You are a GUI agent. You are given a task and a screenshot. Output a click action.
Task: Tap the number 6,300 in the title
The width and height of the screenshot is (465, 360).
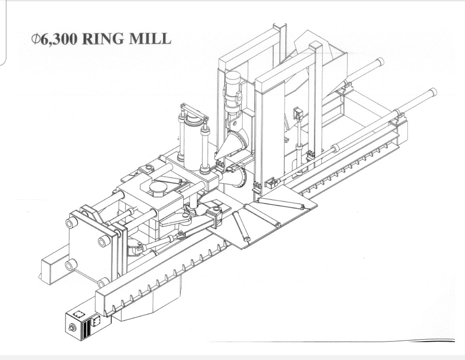click(x=58, y=39)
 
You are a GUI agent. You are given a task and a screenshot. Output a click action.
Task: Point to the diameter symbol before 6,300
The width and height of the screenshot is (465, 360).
click(x=35, y=38)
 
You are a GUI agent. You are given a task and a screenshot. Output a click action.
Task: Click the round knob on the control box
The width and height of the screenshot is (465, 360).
click(x=72, y=328)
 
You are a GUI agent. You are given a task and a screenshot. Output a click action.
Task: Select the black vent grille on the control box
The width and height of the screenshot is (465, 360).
click(x=87, y=328)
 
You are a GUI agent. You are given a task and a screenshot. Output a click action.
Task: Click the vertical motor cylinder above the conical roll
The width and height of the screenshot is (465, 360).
click(x=232, y=90)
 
